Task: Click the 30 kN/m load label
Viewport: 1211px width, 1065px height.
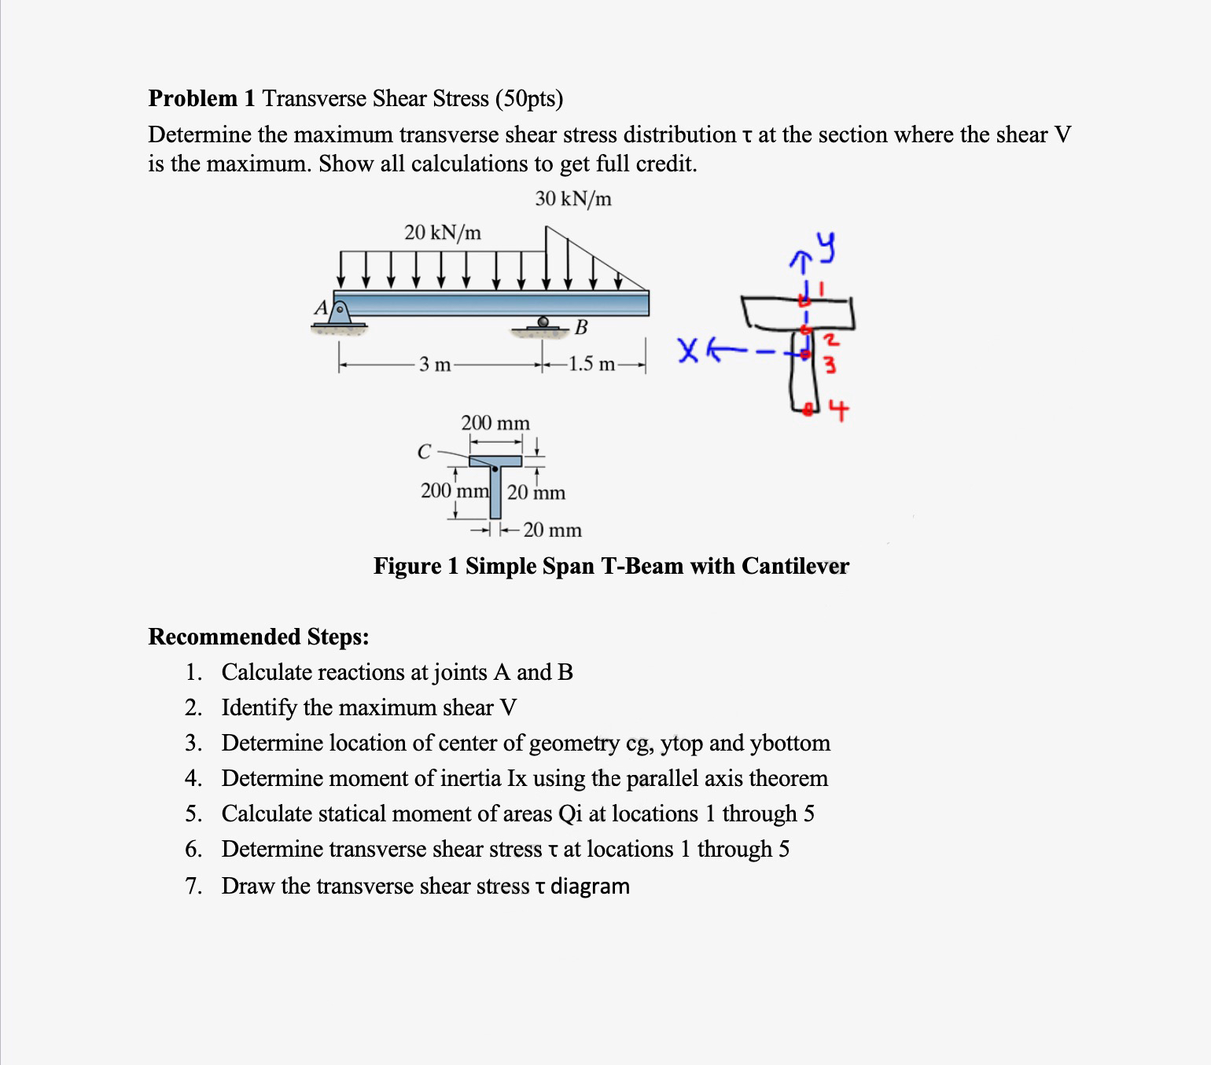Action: (x=573, y=200)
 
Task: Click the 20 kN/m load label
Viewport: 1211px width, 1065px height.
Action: (x=443, y=233)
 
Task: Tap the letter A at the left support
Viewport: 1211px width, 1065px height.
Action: (x=320, y=309)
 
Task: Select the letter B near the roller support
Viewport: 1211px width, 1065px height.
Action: (x=580, y=328)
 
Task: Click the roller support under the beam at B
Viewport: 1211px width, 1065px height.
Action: (x=543, y=323)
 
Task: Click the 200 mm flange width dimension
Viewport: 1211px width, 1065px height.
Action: (x=495, y=424)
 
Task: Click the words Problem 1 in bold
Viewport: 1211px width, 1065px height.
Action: (x=202, y=99)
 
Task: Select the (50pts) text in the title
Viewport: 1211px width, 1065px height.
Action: (x=529, y=99)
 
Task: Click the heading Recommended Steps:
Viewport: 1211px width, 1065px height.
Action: (x=259, y=637)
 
